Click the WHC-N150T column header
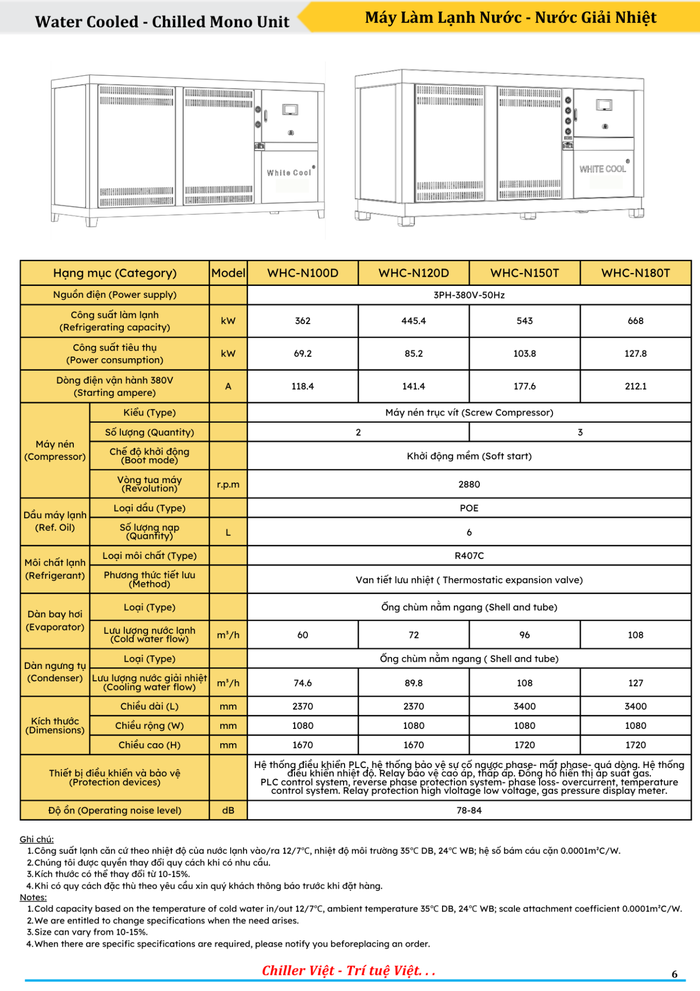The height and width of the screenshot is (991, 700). [x=524, y=273]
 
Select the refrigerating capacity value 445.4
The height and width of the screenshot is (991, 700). [x=414, y=321]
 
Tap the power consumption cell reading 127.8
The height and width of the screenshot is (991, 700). [x=635, y=354]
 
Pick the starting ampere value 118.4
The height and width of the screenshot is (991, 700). [x=303, y=386]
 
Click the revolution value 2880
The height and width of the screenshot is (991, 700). [x=469, y=484]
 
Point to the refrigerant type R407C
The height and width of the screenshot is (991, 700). [x=469, y=556]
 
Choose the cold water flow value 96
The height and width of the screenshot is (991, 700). [x=524, y=635]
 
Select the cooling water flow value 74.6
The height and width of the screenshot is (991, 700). [x=303, y=683]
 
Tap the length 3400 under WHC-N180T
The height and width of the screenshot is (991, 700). [x=635, y=706]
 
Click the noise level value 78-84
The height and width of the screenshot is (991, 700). [x=469, y=810]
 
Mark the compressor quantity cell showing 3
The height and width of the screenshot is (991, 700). [x=580, y=432]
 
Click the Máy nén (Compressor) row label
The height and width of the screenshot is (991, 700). [x=55, y=450]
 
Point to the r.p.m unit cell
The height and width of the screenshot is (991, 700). [x=228, y=484]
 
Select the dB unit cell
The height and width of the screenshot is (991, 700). [x=228, y=810]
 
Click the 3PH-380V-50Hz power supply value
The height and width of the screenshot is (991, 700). [x=469, y=295]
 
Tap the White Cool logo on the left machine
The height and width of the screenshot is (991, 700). [x=289, y=172]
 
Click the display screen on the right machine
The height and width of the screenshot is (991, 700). [x=604, y=105]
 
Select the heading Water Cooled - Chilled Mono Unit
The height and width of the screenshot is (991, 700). [x=162, y=22]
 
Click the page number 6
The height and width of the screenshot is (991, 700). [x=674, y=974]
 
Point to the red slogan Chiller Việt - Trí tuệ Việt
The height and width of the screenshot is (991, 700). [x=349, y=971]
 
